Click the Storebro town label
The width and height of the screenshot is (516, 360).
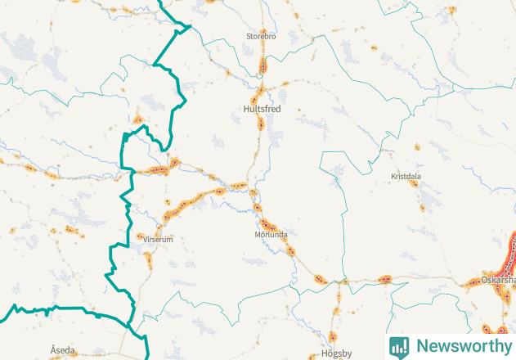point(262,36)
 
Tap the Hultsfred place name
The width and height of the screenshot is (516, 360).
point(262,108)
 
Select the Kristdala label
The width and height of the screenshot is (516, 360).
point(406,176)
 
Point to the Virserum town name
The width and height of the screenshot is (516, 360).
point(159,240)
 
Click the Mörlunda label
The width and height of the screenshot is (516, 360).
point(271,234)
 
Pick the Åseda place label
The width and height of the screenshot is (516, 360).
point(62,349)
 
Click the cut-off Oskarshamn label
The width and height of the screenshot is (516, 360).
point(498,279)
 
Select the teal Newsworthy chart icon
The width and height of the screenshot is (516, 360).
point(399,346)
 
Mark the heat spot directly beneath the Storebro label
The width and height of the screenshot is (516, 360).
point(263,64)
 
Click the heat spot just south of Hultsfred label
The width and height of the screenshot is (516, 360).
point(261,124)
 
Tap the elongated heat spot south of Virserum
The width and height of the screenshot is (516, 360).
point(148,260)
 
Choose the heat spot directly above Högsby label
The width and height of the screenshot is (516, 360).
point(333,336)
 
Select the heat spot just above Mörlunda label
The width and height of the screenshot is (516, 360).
point(267,223)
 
